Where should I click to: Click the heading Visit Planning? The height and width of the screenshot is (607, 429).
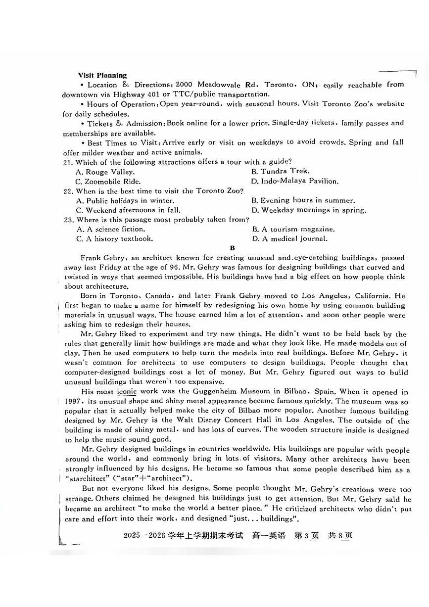(102, 75)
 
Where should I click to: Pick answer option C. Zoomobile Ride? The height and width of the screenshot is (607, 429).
(108, 181)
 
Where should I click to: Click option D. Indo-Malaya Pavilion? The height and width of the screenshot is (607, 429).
(295, 181)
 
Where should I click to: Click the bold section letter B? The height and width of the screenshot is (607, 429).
(232, 248)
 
